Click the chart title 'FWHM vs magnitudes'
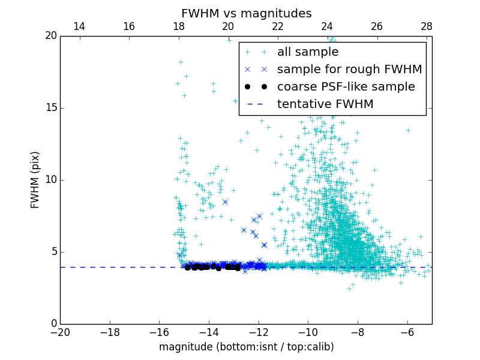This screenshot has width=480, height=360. (x=246, y=13)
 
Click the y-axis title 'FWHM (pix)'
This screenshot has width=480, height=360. (x=35, y=180)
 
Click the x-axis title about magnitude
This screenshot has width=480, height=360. (x=246, y=347)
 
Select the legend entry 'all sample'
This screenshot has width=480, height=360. (x=307, y=52)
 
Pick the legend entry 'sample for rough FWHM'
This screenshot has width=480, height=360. (x=349, y=70)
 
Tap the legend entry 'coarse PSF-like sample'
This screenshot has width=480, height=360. (x=346, y=87)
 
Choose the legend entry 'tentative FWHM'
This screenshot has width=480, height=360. (x=325, y=104)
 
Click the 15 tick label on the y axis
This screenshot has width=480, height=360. (x=50, y=108)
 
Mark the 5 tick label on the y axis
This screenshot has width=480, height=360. (x=53, y=252)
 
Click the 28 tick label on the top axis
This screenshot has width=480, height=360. (x=427, y=26)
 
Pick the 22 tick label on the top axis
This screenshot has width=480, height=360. (x=278, y=26)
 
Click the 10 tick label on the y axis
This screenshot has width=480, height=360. (x=50, y=180)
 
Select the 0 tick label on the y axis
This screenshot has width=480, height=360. (x=53, y=324)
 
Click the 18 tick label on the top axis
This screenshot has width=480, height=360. (x=178, y=26)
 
